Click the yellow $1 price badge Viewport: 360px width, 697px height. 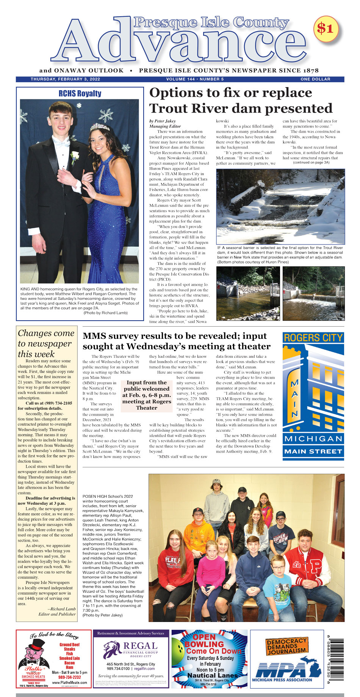tap(326, 28)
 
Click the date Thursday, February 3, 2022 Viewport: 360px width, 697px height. tap(66, 79)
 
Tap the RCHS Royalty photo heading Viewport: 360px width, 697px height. tap(80, 94)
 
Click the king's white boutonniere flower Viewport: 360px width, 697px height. tap(75, 156)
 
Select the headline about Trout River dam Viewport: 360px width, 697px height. tap(241, 100)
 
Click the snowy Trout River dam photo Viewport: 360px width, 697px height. tap(280, 206)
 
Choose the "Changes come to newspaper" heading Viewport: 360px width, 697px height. tap(46, 343)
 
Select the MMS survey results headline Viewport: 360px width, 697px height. tap(176, 341)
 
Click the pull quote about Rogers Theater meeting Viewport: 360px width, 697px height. tap(146, 395)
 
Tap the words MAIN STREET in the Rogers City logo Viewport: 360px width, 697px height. tap(313, 451)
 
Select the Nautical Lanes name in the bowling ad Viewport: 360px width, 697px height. tap(212, 675)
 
